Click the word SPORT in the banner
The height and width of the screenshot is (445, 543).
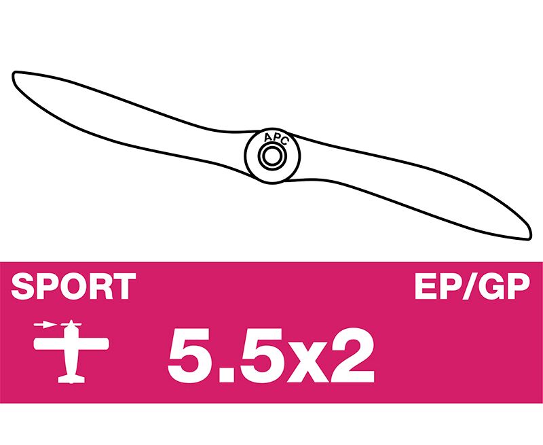pos(73,286)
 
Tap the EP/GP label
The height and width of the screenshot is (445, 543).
pos(472,286)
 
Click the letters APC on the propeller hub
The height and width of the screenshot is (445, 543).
pos(276,139)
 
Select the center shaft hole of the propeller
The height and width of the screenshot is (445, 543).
pos(272,156)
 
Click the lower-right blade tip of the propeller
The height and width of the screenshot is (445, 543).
pos(529,237)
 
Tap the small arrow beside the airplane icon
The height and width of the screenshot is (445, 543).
pos(45,325)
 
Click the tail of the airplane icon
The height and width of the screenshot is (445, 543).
pos(71,379)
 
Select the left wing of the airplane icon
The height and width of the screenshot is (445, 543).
pos(49,344)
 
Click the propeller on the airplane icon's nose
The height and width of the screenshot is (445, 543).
pos(71,324)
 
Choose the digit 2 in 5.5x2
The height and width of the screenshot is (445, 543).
pos(352,355)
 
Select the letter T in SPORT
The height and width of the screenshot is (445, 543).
pos(124,286)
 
